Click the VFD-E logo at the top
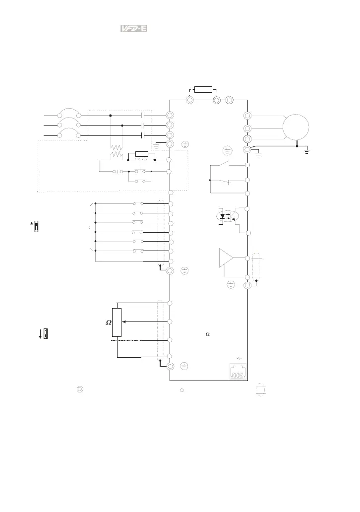(x=133, y=28)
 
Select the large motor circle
(x=296, y=128)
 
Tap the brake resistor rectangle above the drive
(x=203, y=89)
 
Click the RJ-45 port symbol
(x=238, y=372)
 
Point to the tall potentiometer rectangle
(x=117, y=322)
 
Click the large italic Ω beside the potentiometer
(x=109, y=322)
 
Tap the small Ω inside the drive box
(x=208, y=334)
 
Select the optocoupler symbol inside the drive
(x=228, y=216)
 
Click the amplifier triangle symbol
(x=226, y=258)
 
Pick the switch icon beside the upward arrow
(x=36, y=226)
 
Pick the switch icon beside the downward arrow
(x=46, y=333)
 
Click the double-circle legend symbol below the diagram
(x=80, y=389)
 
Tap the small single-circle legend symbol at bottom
(x=182, y=390)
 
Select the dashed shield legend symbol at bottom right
(x=260, y=390)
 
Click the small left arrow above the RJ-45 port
(x=239, y=358)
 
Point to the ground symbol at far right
(x=306, y=151)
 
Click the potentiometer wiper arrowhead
(x=123, y=321)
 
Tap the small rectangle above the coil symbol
(x=142, y=154)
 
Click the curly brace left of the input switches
(x=90, y=227)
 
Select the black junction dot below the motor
(x=297, y=146)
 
